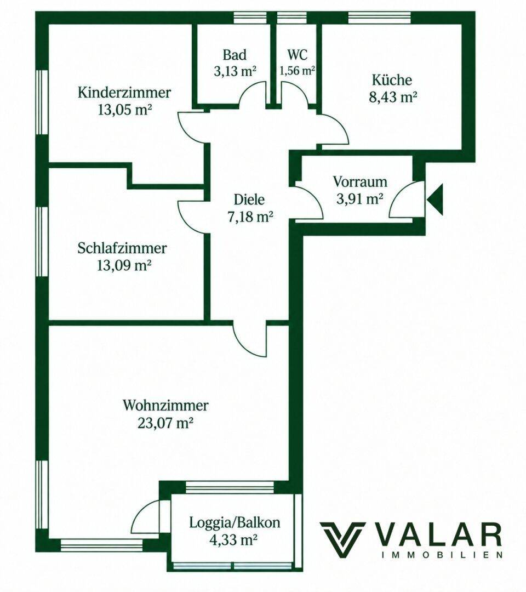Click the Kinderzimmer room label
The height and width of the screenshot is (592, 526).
pos(124,93)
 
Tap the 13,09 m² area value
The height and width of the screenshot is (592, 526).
pos(124,266)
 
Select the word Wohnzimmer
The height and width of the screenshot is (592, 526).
pos(165,406)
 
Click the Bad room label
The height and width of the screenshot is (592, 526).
pos(235,55)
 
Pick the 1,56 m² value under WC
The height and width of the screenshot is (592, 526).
pos(298,70)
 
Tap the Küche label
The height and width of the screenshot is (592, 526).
pos(392,80)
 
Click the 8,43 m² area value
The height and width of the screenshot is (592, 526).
pos(392,98)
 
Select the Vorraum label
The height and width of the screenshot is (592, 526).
pos(360,181)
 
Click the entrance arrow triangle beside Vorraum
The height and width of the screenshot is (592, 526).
pos(436,199)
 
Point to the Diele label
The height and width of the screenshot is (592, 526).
pos(249,200)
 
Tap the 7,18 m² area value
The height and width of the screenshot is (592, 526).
pos(250,217)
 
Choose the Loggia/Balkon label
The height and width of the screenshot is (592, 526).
pos(235,523)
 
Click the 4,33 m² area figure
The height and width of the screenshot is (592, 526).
pos(233,540)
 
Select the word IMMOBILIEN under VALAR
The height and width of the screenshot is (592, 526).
pos(442,555)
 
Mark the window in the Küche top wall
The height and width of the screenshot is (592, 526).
pos(379,18)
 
